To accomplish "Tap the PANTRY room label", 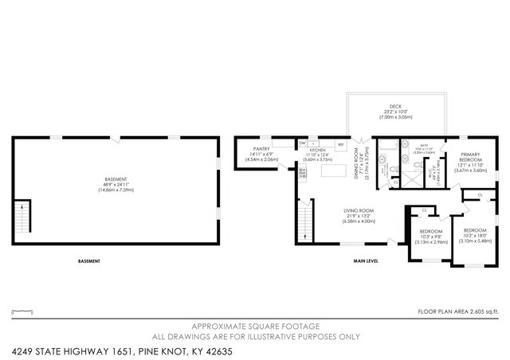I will (262, 149).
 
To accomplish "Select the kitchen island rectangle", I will (328, 170).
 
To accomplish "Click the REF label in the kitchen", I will (340, 144).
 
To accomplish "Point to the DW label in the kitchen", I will (303, 143).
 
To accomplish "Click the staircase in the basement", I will (21, 215).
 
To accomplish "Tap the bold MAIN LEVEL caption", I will (366, 261).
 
